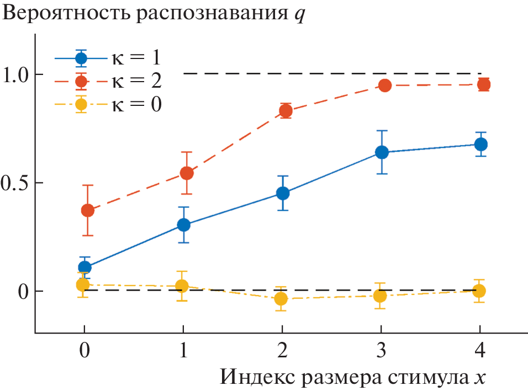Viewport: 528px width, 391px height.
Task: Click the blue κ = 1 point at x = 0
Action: point(85,268)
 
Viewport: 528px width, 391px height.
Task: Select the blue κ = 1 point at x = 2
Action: point(283,194)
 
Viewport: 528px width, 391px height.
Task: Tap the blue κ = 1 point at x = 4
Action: point(481,144)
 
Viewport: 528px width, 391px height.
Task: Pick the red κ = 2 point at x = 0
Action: point(87,210)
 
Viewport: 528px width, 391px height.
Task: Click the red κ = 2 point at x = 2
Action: point(286,111)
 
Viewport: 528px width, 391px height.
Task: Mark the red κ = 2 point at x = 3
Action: point(385,85)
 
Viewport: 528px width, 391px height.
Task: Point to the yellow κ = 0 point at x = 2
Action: point(281,299)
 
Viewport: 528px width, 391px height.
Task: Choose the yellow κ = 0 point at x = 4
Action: point(479,291)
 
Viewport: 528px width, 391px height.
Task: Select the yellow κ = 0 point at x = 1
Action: point(182,286)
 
